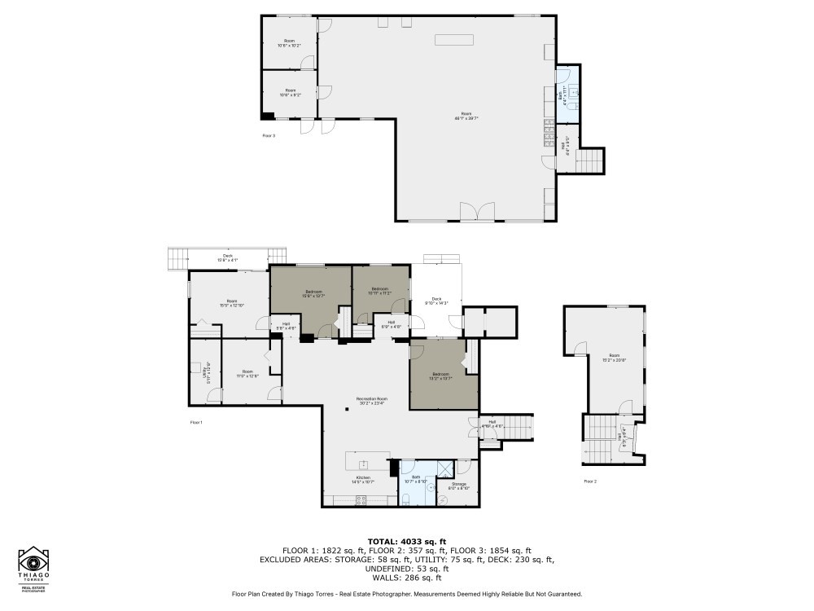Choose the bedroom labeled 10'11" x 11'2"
(381, 291)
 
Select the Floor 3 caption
(269, 135)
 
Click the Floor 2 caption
(590, 481)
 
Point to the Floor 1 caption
(195, 422)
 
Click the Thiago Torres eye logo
(34, 562)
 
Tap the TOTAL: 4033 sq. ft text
(406, 541)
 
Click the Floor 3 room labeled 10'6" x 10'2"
(289, 42)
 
